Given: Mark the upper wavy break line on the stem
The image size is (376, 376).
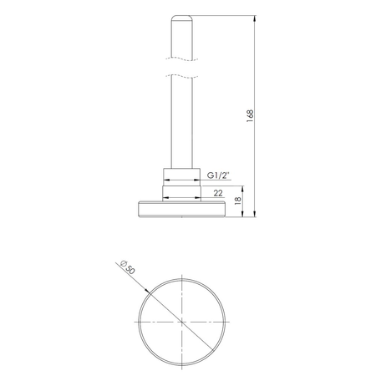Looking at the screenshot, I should pos(181,58).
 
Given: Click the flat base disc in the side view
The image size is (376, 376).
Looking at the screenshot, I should pos(181,209).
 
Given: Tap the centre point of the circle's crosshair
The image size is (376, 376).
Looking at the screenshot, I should pos(181,321).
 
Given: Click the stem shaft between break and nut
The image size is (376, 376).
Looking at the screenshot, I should pos(181,125).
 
